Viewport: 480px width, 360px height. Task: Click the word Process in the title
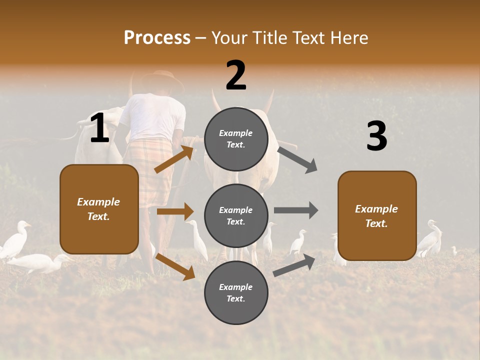(x=157, y=38)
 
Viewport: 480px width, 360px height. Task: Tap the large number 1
(x=99, y=128)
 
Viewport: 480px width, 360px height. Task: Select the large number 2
(x=236, y=75)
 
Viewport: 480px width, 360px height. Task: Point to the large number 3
(x=376, y=136)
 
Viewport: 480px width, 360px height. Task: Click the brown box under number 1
(x=99, y=209)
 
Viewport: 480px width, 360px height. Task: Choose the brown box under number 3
(x=377, y=215)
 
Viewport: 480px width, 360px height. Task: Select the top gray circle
(x=236, y=139)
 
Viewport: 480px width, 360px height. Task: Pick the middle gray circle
(x=236, y=215)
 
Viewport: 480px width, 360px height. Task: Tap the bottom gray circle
(x=236, y=292)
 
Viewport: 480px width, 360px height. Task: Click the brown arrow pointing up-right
(x=174, y=159)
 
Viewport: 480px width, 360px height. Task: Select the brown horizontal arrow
(x=175, y=211)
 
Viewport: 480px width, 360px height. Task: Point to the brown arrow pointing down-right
(x=175, y=265)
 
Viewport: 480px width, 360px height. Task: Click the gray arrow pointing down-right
(x=297, y=159)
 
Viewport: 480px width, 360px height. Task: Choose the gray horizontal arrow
(x=295, y=210)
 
